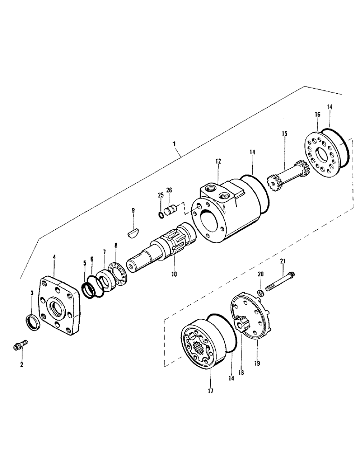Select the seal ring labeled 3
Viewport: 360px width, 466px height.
pyautogui.click(x=32, y=322)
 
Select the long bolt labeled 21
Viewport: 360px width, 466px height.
pyautogui.click(x=280, y=282)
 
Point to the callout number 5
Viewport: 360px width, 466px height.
pyautogui.click(x=85, y=263)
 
